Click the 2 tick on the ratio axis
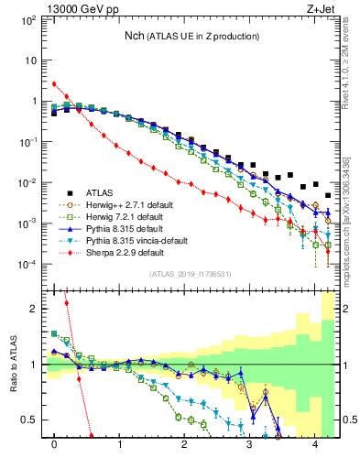[x=36, y=309]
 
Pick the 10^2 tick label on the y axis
[x=29, y=19]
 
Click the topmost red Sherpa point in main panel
[x=55, y=84]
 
